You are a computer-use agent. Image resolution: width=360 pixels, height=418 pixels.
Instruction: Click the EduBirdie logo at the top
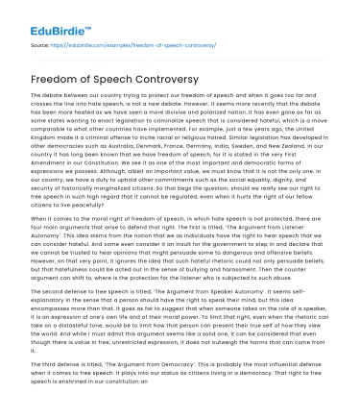pos(44,17)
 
